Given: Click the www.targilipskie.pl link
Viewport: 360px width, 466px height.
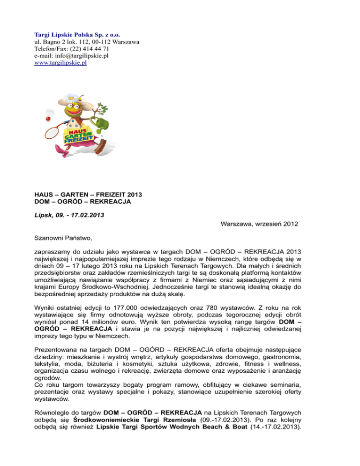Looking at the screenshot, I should tap(60, 62).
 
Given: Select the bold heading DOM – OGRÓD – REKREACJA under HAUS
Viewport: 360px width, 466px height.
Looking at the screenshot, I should tap(82, 202).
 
